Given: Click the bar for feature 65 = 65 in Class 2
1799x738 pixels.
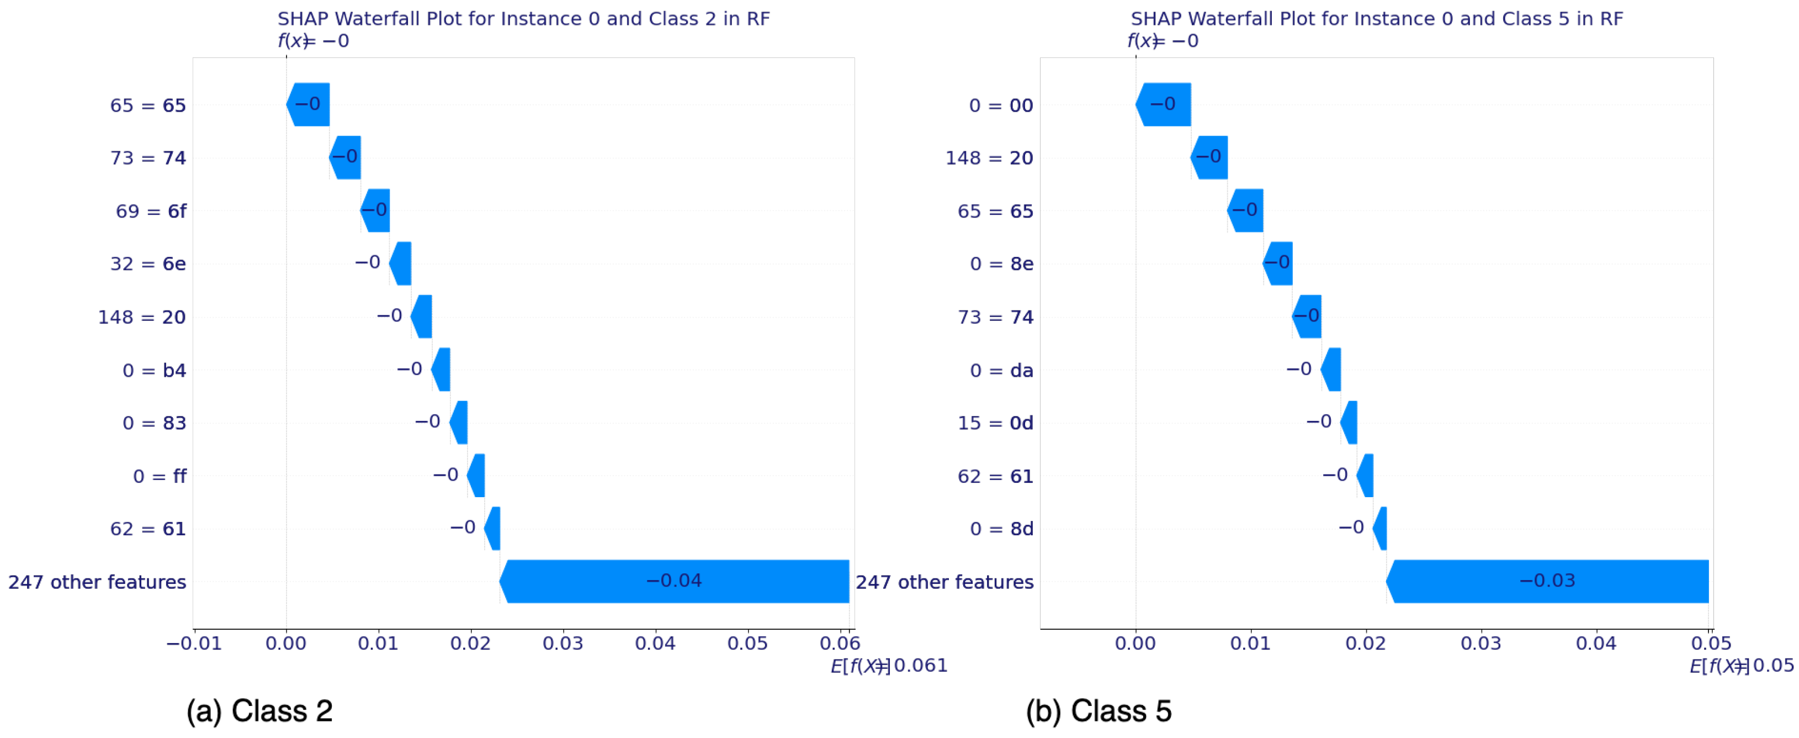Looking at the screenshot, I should (309, 105).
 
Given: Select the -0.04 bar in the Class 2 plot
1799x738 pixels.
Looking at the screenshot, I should (675, 581).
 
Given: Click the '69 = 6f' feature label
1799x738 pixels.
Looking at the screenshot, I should (151, 211).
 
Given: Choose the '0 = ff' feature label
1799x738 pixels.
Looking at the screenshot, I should (160, 476).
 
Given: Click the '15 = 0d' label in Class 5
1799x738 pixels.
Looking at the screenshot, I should (995, 423).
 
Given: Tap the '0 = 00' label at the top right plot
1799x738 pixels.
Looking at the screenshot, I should (1001, 106).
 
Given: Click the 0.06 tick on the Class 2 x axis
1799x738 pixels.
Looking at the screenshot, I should (840, 643).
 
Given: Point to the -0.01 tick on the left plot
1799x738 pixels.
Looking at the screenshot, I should (194, 643).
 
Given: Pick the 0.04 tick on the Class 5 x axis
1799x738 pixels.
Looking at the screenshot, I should (1596, 643).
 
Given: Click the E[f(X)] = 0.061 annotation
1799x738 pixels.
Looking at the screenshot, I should (888, 665).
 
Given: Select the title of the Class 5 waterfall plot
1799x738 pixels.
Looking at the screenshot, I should (1377, 19).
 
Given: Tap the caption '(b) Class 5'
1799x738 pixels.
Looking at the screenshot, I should (1098, 711).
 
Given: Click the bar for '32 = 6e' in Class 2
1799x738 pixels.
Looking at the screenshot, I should (401, 263).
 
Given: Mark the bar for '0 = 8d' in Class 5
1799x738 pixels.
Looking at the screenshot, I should (1380, 528).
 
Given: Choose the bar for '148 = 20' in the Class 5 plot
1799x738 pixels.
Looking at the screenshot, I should (1209, 157).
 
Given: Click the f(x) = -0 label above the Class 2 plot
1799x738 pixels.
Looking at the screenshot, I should (313, 40).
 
